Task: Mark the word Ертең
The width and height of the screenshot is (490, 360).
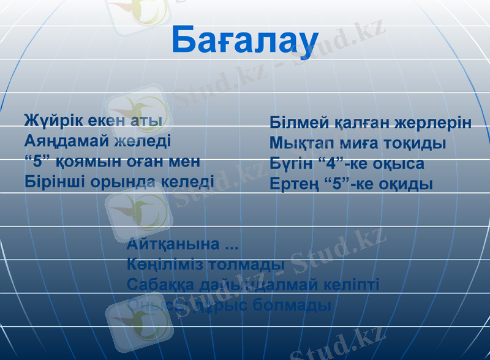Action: (x=293, y=184)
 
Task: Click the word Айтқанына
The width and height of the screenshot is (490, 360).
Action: (x=173, y=245)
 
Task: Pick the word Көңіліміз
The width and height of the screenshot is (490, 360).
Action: (x=165, y=265)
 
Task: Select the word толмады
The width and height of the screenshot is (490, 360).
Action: (x=246, y=265)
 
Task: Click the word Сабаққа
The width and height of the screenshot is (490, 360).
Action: (x=159, y=285)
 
